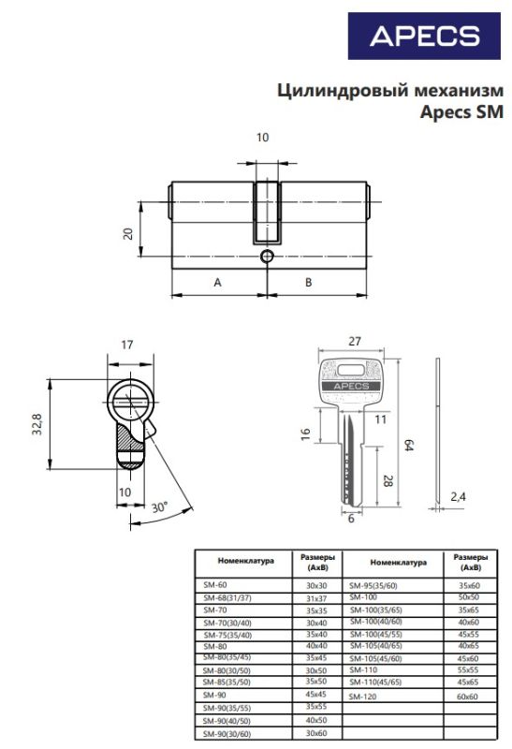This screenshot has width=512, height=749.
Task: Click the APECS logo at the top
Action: point(424,36)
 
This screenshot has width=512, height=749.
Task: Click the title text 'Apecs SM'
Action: point(461,111)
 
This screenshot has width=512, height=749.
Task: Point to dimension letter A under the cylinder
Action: point(217,283)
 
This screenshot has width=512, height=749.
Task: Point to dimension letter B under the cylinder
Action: point(309,283)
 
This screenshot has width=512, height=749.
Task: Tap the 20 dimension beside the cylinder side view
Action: point(128,233)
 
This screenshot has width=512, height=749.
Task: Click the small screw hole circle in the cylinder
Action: point(267,257)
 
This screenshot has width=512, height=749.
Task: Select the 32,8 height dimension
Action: point(37,424)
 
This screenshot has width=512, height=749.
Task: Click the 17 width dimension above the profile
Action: point(127,345)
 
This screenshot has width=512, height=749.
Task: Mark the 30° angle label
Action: point(159,507)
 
